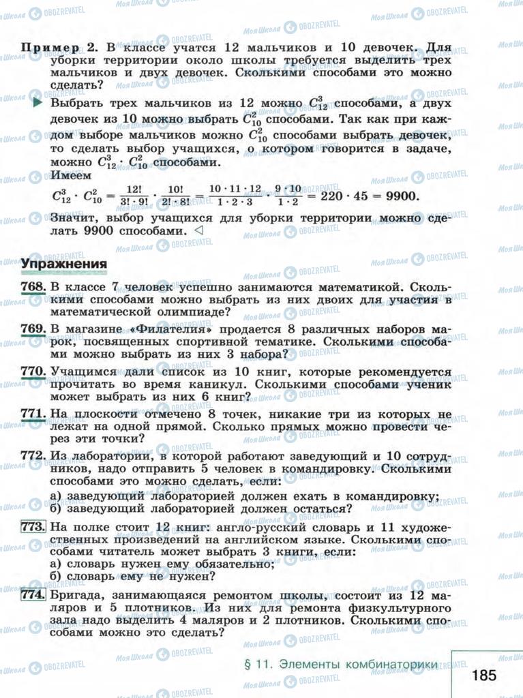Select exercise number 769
pyautogui.click(x=33, y=329)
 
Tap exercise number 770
pyautogui.click(x=33, y=371)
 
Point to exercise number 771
pyautogui.click(x=33, y=414)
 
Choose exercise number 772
pyautogui.click(x=33, y=455)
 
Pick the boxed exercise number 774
pyautogui.click(x=33, y=594)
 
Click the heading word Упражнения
pyautogui.click(x=63, y=264)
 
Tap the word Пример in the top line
pyautogui.click(x=54, y=48)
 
